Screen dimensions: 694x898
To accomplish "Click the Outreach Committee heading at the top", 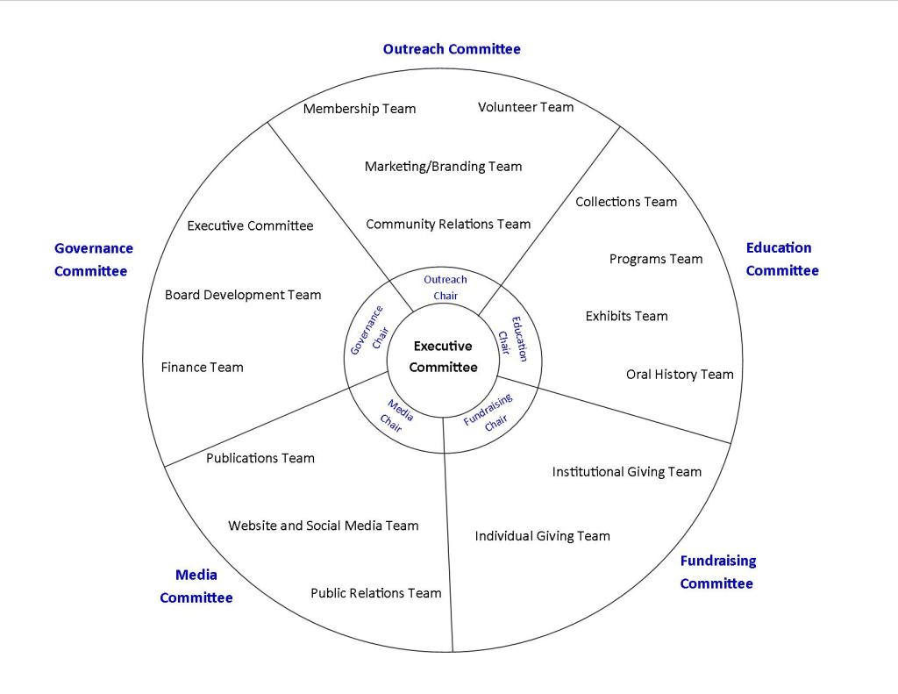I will (452, 49).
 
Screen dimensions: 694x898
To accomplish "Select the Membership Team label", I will (360, 109).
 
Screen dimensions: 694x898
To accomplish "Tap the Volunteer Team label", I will (525, 107).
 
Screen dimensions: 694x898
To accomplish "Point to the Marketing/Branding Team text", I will (443, 166).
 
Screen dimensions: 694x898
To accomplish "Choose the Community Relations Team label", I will (448, 224).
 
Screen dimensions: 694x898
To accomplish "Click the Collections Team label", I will (626, 202).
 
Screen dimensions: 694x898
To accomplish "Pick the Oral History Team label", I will (680, 375).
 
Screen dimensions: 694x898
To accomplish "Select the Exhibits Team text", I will (626, 316).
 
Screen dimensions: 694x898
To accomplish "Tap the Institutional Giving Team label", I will (626, 472).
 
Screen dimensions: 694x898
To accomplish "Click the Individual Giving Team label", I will (542, 536).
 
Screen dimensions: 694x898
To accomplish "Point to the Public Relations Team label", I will (375, 593).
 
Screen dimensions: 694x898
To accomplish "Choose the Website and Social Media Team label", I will (323, 526).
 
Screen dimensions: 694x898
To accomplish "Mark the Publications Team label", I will (260, 458).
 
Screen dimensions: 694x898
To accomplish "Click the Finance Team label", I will (202, 368).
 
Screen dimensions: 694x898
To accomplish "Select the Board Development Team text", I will (243, 295).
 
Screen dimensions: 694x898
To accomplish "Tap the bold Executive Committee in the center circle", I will (443, 357).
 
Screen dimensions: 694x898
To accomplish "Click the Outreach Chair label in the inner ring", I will (445, 288).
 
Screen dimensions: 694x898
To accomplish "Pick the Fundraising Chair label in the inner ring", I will (489, 412).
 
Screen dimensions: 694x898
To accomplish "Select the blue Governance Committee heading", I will (94, 260).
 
